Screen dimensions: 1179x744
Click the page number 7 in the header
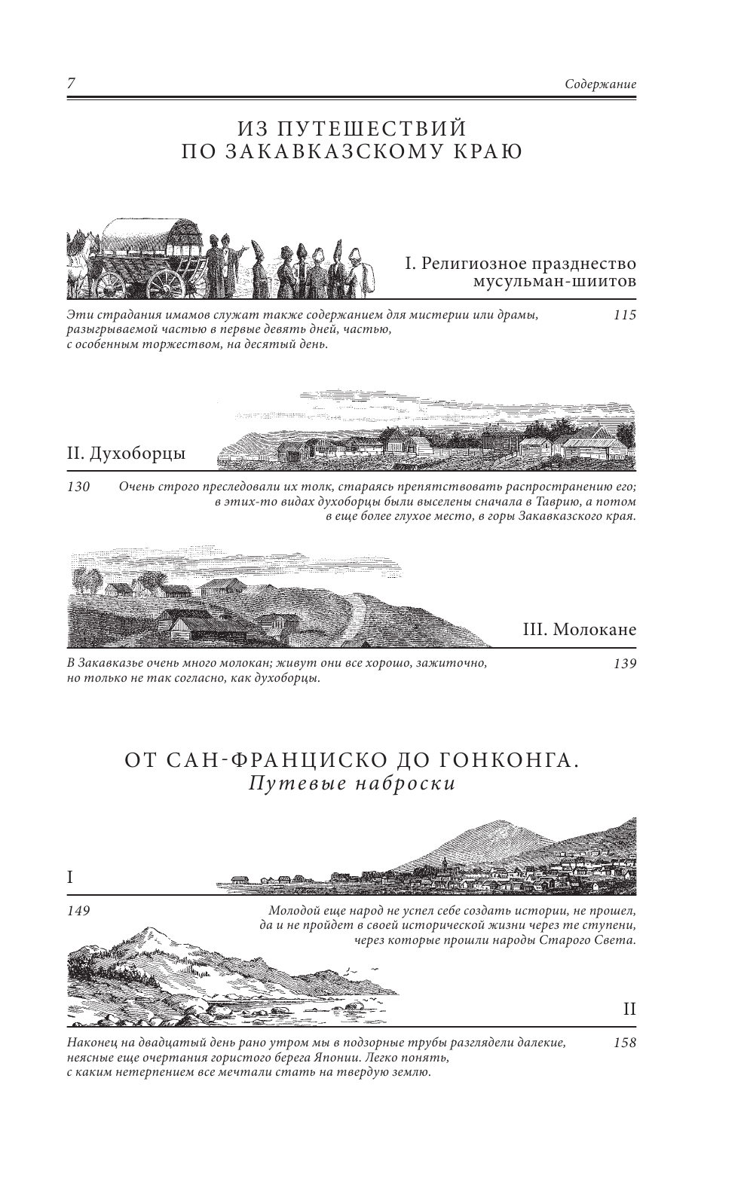(71, 84)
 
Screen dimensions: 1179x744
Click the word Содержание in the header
(600, 84)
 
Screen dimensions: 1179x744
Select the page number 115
(625, 315)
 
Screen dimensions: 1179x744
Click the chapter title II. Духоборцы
(127, 454)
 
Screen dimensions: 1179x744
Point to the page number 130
(78, 487)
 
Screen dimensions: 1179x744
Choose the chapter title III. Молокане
(579, 629)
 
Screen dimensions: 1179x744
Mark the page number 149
(78, 911)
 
